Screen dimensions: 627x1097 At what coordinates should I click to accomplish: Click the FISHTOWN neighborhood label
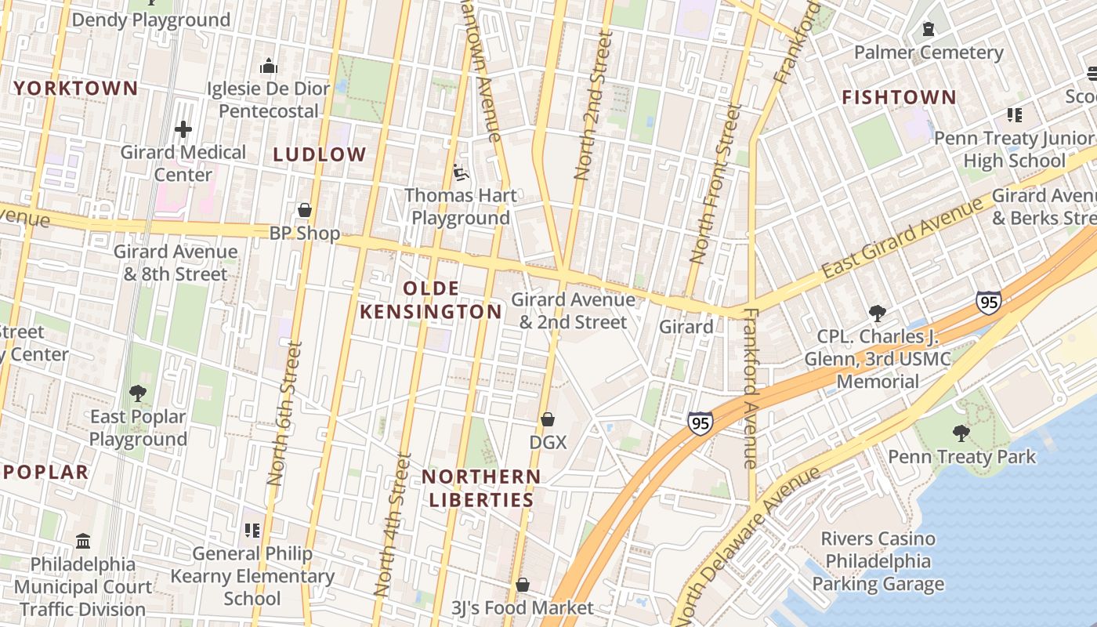click(x=899, y=97)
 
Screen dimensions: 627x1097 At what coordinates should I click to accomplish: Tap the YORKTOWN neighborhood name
click(x=76, y=89)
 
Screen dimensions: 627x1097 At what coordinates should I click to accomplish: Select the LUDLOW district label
click(x=320, y=154)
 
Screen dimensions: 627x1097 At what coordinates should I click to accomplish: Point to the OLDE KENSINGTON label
click(x=430, y=300)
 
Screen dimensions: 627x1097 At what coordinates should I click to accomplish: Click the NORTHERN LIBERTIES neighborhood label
click(x=481, y=487)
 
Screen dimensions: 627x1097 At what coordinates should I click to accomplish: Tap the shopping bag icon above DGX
click(x=548, y=419)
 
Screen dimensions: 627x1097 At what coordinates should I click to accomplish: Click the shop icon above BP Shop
click(x=305, y=210)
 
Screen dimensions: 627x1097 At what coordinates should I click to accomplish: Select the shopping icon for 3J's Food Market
click(x=523, y=585)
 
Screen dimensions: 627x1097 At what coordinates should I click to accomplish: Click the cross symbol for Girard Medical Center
click(x=183, y=129)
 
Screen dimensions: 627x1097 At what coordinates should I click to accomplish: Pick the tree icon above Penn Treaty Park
click(x=961, y=433)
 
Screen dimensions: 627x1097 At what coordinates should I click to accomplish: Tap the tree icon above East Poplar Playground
click(x=138, y=393)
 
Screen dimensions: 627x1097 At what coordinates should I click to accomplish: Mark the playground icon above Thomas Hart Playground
click(x=461, y=172)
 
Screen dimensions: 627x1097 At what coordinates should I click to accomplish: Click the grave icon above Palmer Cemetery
click(x=929, y=29)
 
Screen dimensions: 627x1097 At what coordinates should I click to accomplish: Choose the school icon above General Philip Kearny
click(x=252, y=531)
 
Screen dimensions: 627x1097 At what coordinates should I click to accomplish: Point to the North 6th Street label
click(x=284, y=413)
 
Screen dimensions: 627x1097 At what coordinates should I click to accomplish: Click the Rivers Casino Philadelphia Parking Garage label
click(x=878, y=561)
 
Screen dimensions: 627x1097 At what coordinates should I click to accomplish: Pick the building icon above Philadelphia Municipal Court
click(x=83, y=541)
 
